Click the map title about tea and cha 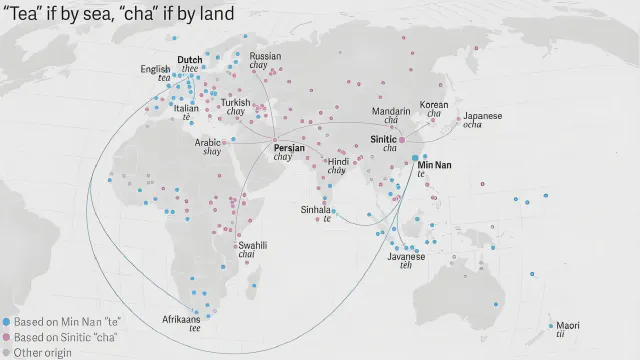click(x=119, y=13)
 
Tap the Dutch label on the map click(x=189, y=60)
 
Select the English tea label click(x=155, y=69)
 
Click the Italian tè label click(x=186, y=108)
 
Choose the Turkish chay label click(x=236, y=103)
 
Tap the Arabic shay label click(x=208, y=142)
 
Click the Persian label click(x=289, y=148)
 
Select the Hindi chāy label click(x=338, y=161)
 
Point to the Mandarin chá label click(x=390, y=111)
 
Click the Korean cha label click(x=434, y=104)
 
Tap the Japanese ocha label click(x=482, y=116)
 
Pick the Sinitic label click(x=384, y=139)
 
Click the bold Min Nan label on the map click(x=434, y=165)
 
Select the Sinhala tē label click(x=317, y=210)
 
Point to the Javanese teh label click(x=406, y=256)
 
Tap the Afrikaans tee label click(x=181, y=319)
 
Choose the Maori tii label click(x=567, y=325)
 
